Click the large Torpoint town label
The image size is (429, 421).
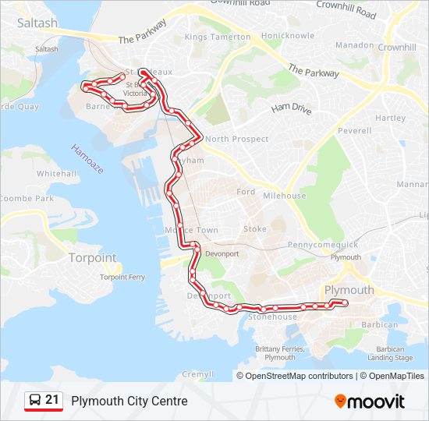click(92, 257)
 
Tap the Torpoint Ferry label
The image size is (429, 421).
click(122, 277)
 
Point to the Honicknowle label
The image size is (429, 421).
click(288, 36)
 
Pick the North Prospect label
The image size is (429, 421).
click(237, 139)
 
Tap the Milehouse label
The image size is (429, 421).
click(285, 196)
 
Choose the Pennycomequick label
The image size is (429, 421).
click(322, 245)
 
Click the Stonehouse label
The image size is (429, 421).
click(272, 317)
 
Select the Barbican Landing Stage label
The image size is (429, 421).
click(391, 353)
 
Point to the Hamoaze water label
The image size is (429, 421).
click(87, 159)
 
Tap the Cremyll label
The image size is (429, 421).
click(197, 374)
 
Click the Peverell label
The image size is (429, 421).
click(354, 131)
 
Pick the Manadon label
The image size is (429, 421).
click(354, 45)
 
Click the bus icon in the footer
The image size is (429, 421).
click(34, 401)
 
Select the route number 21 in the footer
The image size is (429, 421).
click(52, 400)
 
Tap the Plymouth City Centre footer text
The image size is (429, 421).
click(129, 401)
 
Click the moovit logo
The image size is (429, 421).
click(370, 402)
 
